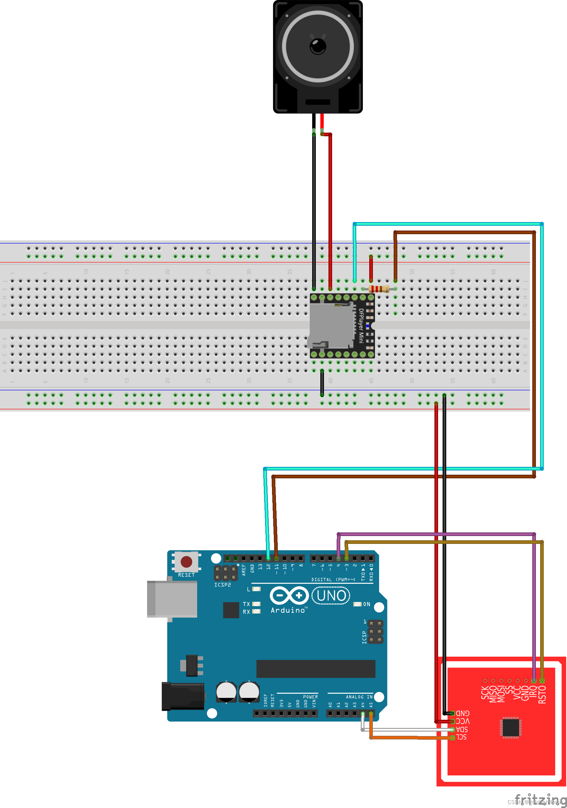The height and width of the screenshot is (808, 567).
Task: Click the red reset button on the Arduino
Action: pyautogui.click(x=186, y=562)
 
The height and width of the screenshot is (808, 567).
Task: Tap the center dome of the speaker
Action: pyautogui.click(x=318, y=46)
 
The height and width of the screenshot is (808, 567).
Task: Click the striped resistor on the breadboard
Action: pyautogui.click(x=379, y=289)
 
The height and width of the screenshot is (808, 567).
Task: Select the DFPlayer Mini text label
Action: pyautogui.click(x=361, y=325)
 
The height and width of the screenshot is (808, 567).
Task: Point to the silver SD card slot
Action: pyautogui.click(x=332, y=325)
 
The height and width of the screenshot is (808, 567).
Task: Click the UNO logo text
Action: pyautogui.click(x=331, y=596)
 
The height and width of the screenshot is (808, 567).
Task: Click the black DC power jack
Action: pyautogui.click(x=183, y=696)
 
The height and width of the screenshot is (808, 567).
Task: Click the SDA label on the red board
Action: pyautogui.click(x=462, y=730)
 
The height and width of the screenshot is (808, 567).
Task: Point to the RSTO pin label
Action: pyautogui.click(x=542, y=694)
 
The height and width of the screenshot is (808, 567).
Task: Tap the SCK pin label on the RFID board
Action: pyautogui.click(x=485, y=693)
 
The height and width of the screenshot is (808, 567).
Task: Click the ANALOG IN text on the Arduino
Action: pyautogui.click(x=359, y=697)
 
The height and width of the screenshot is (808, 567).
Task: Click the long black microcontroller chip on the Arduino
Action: pyautogui.click(x=316, y=669)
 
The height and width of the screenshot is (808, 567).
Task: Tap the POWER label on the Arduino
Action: pyautogui.click(x=310, y=697)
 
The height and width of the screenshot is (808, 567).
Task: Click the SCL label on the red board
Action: pyautogui.click(x=462, y=737)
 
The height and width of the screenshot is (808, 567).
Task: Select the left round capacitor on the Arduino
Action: pyautogui.click(x=226, y=692)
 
